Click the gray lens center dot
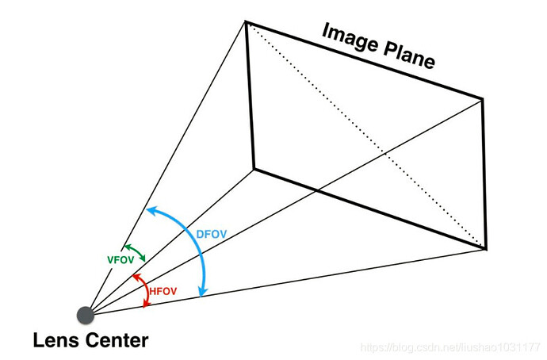pyautogui.click(x=86, y=316)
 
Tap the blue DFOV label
pyautogui.click(x=212, y=234)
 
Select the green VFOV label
pyautogui.click(x=120, y=260)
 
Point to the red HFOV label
pyautogui.click(x=163, y=291)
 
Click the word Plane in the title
pyautogui.click(x=410, y=56)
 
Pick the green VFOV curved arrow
pyautogui.click(x=136, y=251)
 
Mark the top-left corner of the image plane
pyautogui.click(x=246, y=21)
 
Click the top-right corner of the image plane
pyautogui.click(x=483, y=99)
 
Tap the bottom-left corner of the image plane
pyautogui.click(x=254, y=169)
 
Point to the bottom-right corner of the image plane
pyautogui.click(x=486, y=249)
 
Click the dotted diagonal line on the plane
pyautogui.click(x=365, y=136)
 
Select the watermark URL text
pyautogui.click(x=450, y=347)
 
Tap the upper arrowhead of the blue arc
pyautogui.click(x=151, y=210)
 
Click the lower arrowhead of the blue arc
pyautogui.click(x=202, y=292)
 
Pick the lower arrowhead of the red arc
pyautogui.click(x=147, y=304)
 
